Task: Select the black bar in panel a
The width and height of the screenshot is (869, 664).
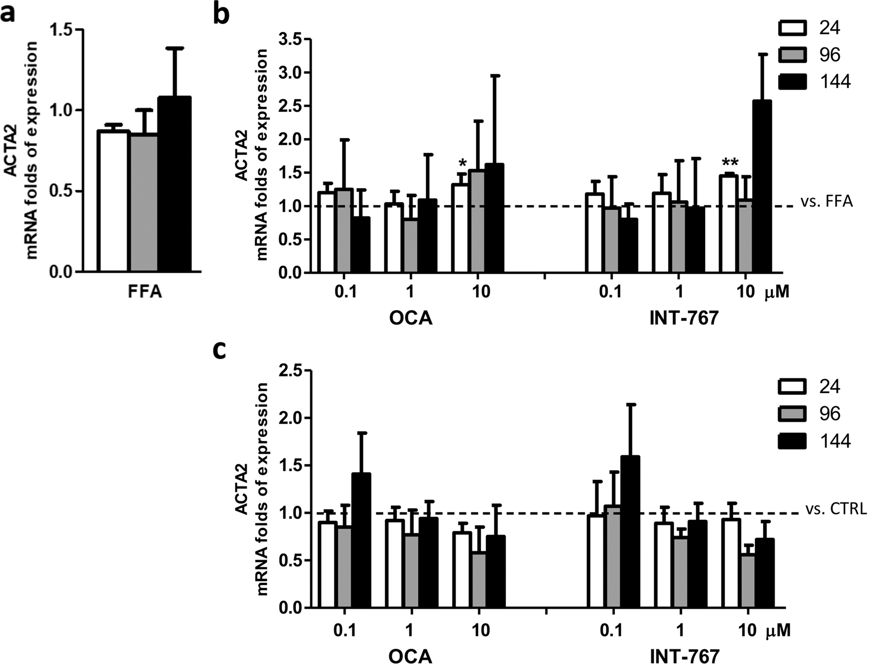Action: point(174,185)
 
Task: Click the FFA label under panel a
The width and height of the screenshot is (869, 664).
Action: point(144,292)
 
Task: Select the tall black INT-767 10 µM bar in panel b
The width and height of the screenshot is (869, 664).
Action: point(762,188)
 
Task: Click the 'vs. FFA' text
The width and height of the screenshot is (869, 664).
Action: point(827,202)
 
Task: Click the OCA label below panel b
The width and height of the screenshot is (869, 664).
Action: point(410,319)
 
